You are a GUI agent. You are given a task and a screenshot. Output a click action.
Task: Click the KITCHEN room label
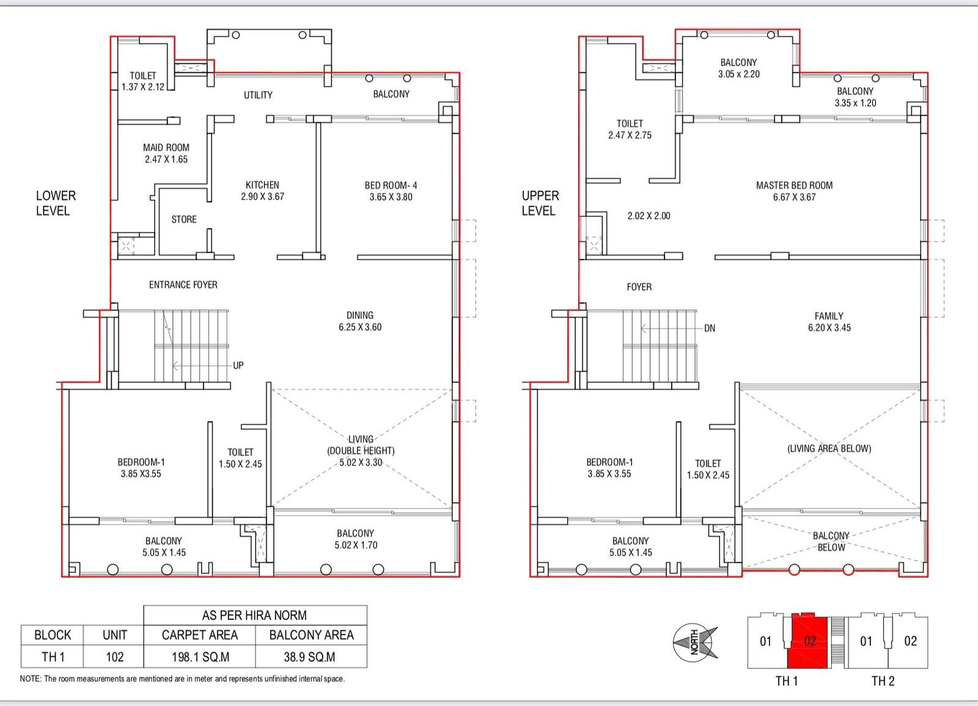pos(262,191)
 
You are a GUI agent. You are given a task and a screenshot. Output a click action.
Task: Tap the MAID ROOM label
pos(166,153)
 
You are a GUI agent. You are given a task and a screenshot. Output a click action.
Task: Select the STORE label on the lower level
pos(184,219)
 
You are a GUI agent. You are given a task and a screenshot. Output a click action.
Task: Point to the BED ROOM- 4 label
pos(391,191)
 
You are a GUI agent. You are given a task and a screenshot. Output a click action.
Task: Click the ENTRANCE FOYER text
pos(183,285)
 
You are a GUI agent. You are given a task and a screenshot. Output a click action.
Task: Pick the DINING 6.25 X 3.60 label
pos(360,321)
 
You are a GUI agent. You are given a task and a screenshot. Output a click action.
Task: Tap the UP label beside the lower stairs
pos(238,365)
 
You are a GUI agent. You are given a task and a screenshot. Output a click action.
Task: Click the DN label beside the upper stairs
pos(710,328)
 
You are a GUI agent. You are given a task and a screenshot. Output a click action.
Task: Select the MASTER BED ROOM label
pos(794,191)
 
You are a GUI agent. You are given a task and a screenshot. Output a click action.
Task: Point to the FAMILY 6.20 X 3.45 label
pos(829,322)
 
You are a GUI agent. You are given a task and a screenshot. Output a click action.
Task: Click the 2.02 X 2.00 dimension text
pos(649,216)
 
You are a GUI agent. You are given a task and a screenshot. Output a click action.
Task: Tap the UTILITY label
pos(258,95)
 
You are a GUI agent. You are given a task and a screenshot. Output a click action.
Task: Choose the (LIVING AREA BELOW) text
pos(829,448)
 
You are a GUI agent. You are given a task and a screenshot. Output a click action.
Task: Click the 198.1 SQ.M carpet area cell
pos(200,657)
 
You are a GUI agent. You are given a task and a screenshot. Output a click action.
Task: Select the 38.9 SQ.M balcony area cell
pos(309,657)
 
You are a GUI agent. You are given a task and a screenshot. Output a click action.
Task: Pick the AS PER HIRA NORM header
pos(254,615)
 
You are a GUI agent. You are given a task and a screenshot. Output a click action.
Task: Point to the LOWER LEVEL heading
pos(56,203)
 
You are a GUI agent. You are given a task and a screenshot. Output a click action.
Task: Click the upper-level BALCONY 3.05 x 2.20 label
pos(739,68)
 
